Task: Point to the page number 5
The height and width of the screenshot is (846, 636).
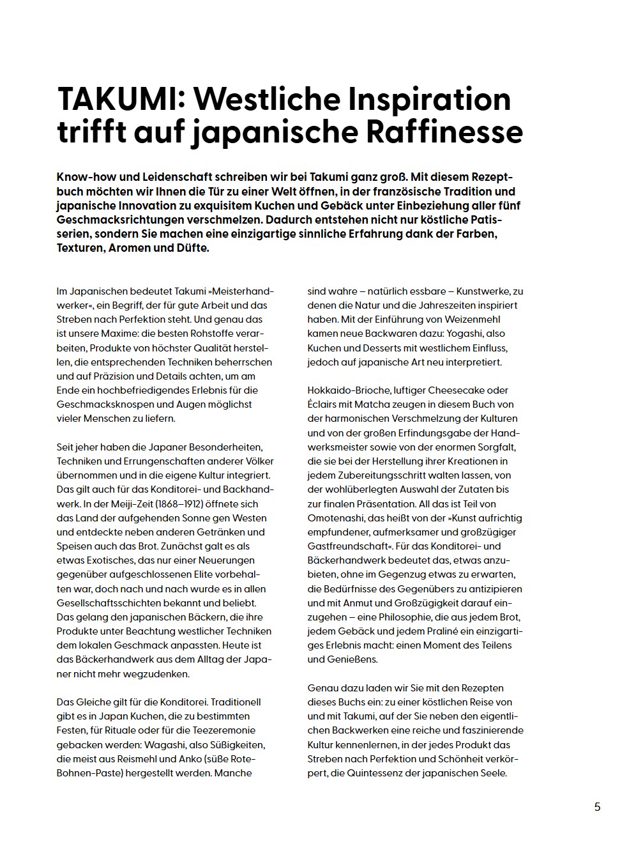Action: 597,806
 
